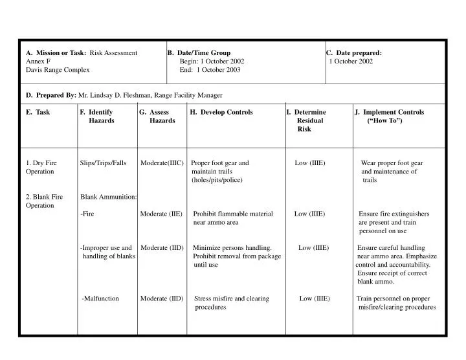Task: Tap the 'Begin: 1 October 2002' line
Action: tap(212, 61)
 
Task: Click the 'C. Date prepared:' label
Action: tap(354, 52)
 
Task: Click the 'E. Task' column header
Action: tap(38, 112)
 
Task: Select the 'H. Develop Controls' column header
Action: tap(221, 112)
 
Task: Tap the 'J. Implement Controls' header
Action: tap(390, 112)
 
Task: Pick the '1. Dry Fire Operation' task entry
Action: tap(41, 167)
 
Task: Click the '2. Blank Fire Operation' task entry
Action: tap(44, 200)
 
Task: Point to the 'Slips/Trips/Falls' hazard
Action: tap(103, 163)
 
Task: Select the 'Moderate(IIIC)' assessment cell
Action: tap(162, 163)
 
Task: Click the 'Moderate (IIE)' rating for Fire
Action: tap(161, 214)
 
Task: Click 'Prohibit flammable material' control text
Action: tap(233, 214)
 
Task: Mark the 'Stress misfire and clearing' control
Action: tap(232, 298)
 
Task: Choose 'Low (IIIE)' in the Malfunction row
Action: tap(315, 298)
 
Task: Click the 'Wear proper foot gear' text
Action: tap(392, 163)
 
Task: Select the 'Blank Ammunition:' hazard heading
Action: tap(108, 196)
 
